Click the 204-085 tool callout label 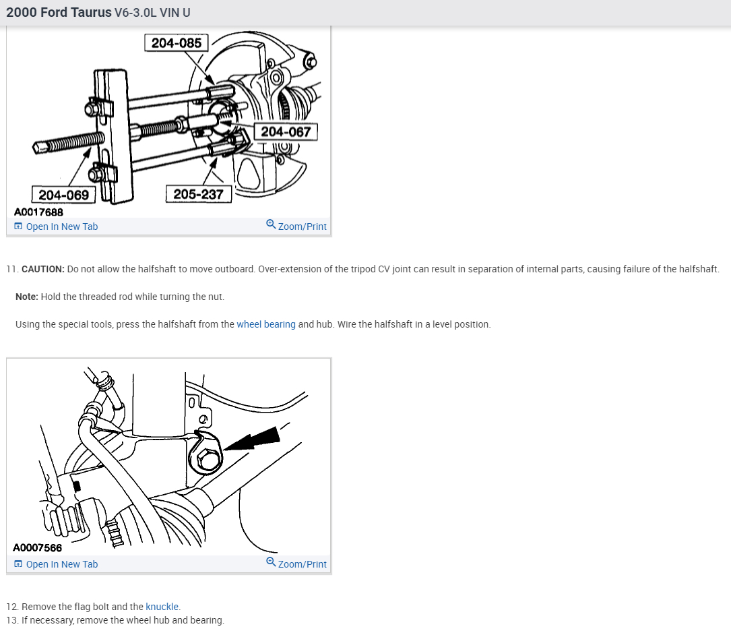(x=177, y=43)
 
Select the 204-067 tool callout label (x=286, y=131)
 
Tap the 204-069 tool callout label (x=63, y=195)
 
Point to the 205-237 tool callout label (x=198, y=194)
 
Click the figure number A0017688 (x=38, y=212)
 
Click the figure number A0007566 (x=37, y=548)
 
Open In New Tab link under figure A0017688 (x=61, y=226)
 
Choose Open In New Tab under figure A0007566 (x=61, y=564)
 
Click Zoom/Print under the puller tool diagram (x=302, y=226)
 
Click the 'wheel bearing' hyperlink (x=266, y=324)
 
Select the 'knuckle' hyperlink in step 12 (x=162, y=607)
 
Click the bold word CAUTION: (x=43, y=269)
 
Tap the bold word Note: (x=27, y=297)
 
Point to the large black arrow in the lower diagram (x=254, y=443)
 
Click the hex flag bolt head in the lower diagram (x=208, y=460)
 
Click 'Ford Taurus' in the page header (x=77, y=12)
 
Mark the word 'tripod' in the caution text (x=364, y=269)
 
